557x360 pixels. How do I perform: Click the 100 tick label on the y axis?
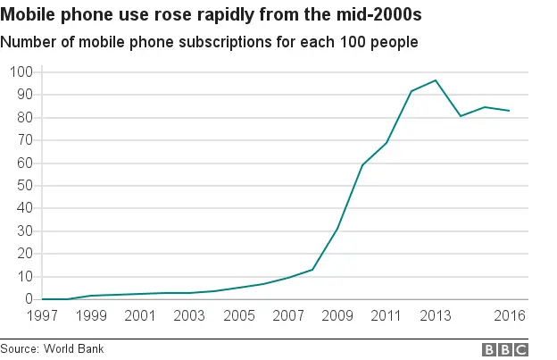point(20,71)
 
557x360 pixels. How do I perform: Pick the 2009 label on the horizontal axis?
point(337,317)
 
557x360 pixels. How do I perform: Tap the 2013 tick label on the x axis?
point(435,317)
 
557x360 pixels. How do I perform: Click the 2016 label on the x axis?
point(509,317)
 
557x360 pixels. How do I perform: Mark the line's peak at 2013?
point(436,80)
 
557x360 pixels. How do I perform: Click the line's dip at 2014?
point(460,116)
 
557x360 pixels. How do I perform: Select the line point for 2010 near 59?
point(362,165)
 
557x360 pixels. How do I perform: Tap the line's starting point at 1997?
point(42,299)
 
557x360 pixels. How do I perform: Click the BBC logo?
point(505,349)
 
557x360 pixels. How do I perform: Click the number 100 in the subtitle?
point(353,42)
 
